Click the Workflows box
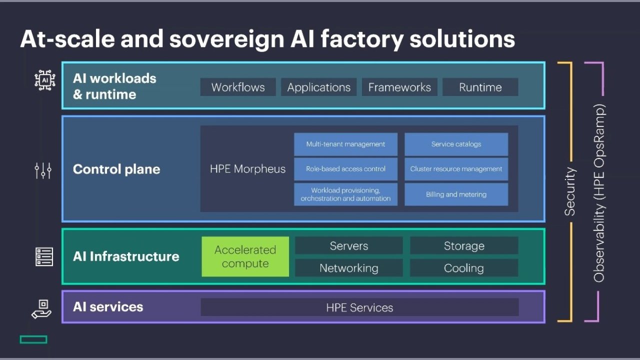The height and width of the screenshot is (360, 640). (238, 87)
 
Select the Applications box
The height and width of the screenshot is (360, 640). (318, 87)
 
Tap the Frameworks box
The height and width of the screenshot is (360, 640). (399, 87)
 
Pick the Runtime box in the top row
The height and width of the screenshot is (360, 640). (480, 87)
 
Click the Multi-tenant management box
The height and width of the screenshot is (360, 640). (345, 144)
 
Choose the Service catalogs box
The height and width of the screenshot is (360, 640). (456, 144)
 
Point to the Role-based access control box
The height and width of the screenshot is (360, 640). (345, 169)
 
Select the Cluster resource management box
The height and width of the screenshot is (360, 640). (456, 169)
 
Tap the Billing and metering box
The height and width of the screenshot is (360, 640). (456, 194)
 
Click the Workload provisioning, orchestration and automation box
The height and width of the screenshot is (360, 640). (345, 194)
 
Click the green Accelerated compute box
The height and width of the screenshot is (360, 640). (245, 256)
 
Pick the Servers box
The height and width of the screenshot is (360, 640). (348, 245)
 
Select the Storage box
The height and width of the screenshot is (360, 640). (464, 245)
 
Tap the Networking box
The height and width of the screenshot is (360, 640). (348, 268)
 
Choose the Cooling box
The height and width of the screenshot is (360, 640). (464, 268)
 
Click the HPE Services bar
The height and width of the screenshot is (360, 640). (359, 307)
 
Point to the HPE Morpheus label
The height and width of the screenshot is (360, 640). (247, 169)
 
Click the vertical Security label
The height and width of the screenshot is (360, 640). (570, 191)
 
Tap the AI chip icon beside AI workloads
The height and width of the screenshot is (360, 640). (44, 80)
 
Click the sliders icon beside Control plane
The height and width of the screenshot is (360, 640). (43, 170)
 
